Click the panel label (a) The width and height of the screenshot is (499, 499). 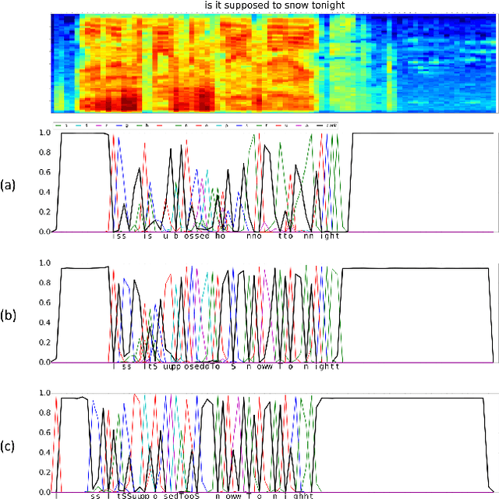(x=8, y=185)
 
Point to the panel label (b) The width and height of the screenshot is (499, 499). (x=8, y=315)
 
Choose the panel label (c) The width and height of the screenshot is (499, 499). (x=8, y=445)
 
